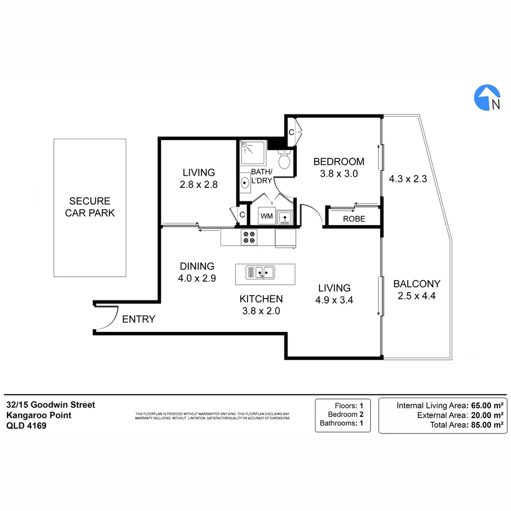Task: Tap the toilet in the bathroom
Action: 284,160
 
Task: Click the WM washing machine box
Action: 267,216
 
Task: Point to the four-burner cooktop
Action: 249,237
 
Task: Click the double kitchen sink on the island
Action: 260,273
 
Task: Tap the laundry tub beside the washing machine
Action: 285,217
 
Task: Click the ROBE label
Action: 354,219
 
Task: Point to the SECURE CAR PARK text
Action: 90,207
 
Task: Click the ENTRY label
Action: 139,319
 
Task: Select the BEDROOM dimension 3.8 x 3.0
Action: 338,174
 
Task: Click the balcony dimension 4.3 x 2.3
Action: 408,179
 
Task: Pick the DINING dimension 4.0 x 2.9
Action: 197,279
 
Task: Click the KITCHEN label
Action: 261,299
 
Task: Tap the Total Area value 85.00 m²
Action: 485,425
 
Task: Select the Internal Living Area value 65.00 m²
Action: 485,405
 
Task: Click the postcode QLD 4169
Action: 26,425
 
